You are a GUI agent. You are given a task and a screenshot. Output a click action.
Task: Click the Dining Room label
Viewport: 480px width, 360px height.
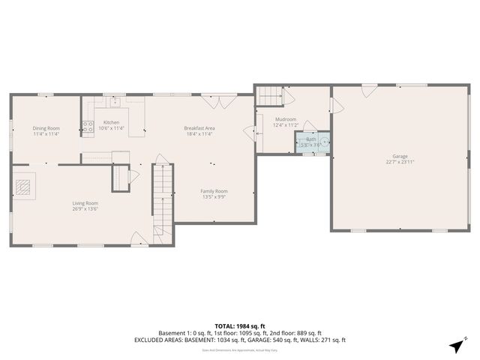pyautogui.click(x=46, y=128)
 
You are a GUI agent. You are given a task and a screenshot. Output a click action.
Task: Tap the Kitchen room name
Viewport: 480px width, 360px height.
pyautogui.click(x=111, y=122)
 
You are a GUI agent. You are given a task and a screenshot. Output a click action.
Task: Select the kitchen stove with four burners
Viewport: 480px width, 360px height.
pyautogui.click(x=87, y=127)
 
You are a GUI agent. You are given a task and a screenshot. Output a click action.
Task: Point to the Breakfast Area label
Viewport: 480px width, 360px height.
pyautogui.click(x=199, y=128)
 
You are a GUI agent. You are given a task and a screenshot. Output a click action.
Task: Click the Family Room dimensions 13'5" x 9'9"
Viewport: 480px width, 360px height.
pyautogui.click(x=214, y=197)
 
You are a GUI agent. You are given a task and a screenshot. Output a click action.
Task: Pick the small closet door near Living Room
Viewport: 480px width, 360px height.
pyautogui.click(x=133, y=177)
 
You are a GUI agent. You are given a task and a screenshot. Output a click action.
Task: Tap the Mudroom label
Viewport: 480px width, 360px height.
pyautogui.click(x=285, y=119)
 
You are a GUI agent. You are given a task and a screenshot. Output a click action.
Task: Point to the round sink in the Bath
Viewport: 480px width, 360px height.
pyautogui.click(x=325, y=140)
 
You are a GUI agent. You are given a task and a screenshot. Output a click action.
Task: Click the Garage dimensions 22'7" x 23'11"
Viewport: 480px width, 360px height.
pyautogui.click(x=400, y=162)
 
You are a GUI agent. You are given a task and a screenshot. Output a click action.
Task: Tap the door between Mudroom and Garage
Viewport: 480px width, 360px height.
pyautogui.click(x=336, y=106)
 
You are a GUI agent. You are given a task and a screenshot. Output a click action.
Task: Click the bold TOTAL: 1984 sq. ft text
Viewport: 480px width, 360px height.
pyautogui.click(x=239, y=326)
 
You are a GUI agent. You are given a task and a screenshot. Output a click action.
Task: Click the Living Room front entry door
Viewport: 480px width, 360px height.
pyautogui.click(x=139, y=239)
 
